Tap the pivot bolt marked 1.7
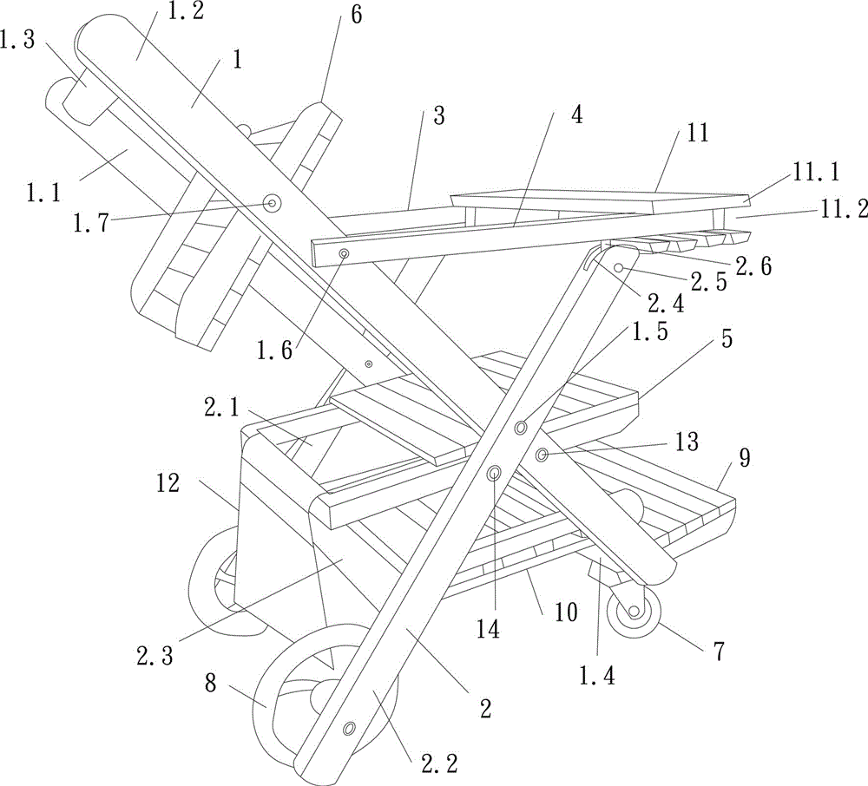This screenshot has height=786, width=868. click(x=273, y=203)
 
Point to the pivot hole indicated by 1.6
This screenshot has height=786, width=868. click(x=345, y=253)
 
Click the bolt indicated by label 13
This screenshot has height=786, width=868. click(x=542, y=455)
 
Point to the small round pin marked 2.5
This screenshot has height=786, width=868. click(x=620, y=269)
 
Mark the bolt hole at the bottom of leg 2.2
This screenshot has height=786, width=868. click(x=349, y=727)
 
